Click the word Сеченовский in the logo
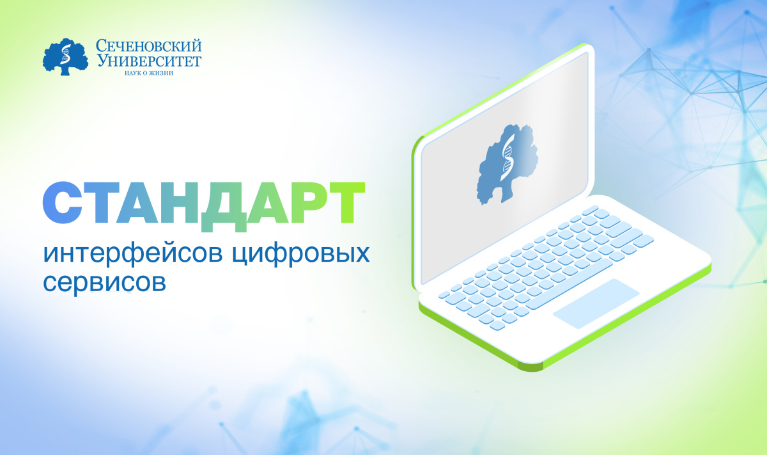[x=148, y=46]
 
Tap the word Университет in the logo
[x=148, y=61]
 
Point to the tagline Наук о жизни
[x=148, y=72]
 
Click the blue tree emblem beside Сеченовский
[x=67, y=57]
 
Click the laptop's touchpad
[x=596, y=303]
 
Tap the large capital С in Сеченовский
[x=102, y=46]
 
